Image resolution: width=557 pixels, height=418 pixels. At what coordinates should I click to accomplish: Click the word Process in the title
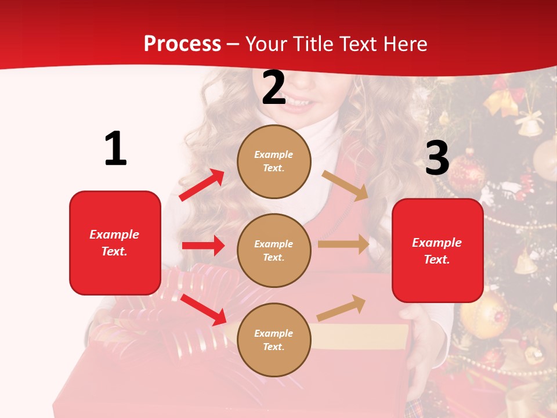(182, 44)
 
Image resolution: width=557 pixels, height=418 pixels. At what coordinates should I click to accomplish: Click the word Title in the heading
(312, 44)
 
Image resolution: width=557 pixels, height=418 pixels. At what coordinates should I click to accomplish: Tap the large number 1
(115, 149)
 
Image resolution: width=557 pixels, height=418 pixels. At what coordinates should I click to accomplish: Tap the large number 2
(274, 88)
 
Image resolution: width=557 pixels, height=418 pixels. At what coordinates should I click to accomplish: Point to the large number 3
(437, 158)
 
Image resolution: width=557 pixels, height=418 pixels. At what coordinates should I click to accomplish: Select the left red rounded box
(115, 243)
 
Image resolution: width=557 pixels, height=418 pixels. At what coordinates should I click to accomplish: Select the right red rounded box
(437, 251)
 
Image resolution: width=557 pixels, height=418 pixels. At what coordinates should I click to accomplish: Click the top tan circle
(274, 161)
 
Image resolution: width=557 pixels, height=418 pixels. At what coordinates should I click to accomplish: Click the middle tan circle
(274, 250)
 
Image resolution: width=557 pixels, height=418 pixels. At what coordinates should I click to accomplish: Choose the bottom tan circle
(274, 340)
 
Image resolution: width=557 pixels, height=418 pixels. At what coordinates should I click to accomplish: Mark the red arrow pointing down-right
(204, 309)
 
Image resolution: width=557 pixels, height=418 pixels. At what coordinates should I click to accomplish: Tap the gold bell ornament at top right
(529, 123)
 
